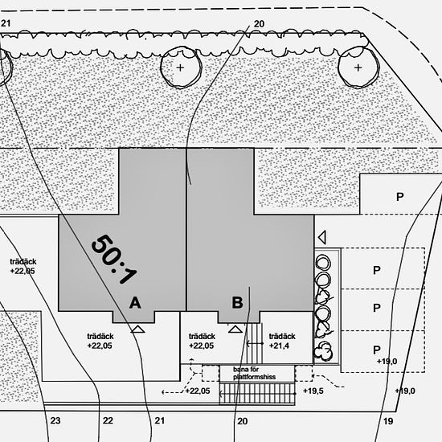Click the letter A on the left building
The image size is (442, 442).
tap(135, 303)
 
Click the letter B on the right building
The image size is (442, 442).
tap(237, 303)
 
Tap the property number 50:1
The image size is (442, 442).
tap(113, 259)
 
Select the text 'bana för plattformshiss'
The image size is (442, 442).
tap(254, 373)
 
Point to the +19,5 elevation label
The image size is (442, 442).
tap(313, 391)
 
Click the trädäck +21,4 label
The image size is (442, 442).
tap(282, 341)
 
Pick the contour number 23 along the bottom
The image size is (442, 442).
tap(55, 420)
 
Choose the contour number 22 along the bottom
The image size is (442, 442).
tap(108, 420)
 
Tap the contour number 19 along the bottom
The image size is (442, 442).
tap(388, 421)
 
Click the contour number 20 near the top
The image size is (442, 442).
tap(259, 24)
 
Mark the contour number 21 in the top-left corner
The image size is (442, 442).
tap(6, 23)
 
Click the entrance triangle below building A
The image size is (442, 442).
tap(138, 329)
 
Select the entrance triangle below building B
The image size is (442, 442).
tap(235, 329)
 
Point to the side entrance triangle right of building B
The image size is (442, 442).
tap(322, 237)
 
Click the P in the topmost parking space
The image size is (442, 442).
tap(399, 197)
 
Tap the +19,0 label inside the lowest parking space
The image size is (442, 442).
tap(387, 362)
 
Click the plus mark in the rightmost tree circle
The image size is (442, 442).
tap(358, 68)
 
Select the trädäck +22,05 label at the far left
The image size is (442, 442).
tap(23, 266)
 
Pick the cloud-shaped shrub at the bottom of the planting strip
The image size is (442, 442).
tap(323, 350)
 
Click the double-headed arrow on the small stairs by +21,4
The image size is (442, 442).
tap(255, 343)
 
